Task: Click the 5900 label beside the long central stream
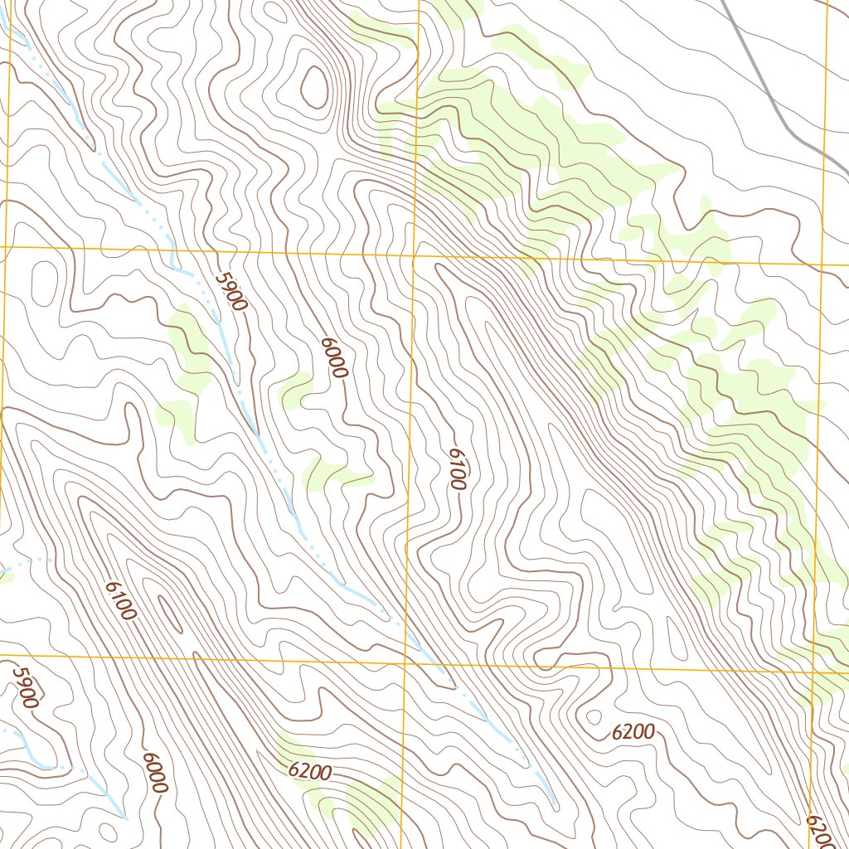(230, 293)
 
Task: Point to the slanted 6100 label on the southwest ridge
(120, 600)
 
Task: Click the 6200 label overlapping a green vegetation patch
(311, 772)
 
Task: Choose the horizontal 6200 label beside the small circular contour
(633, 732)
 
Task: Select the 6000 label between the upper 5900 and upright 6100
(332, 358)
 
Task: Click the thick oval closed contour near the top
(314, 86)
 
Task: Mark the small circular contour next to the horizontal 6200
(594, 716)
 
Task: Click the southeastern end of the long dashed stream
(554, 803)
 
